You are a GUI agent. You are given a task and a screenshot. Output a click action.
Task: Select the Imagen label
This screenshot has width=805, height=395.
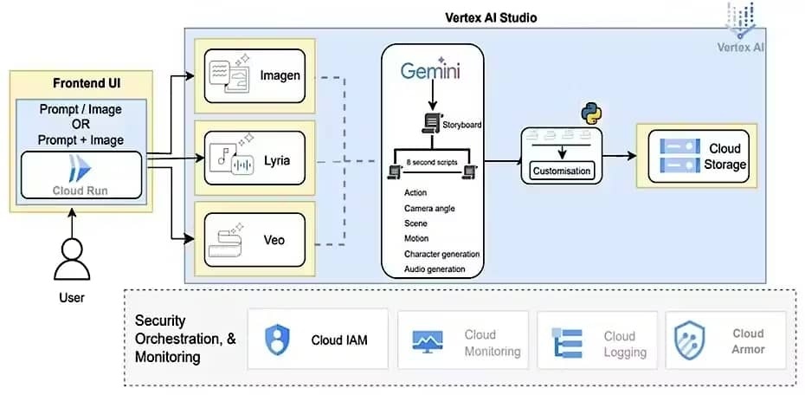(280, 75)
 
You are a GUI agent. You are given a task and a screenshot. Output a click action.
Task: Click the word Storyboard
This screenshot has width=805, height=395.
(463, 125)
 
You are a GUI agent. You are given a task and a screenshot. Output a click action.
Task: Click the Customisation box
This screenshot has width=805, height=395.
(562, 171)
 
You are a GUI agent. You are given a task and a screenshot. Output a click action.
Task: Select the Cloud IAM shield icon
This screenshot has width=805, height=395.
(278, 339)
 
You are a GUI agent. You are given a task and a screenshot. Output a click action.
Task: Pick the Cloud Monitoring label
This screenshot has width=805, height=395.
(492, 343)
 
